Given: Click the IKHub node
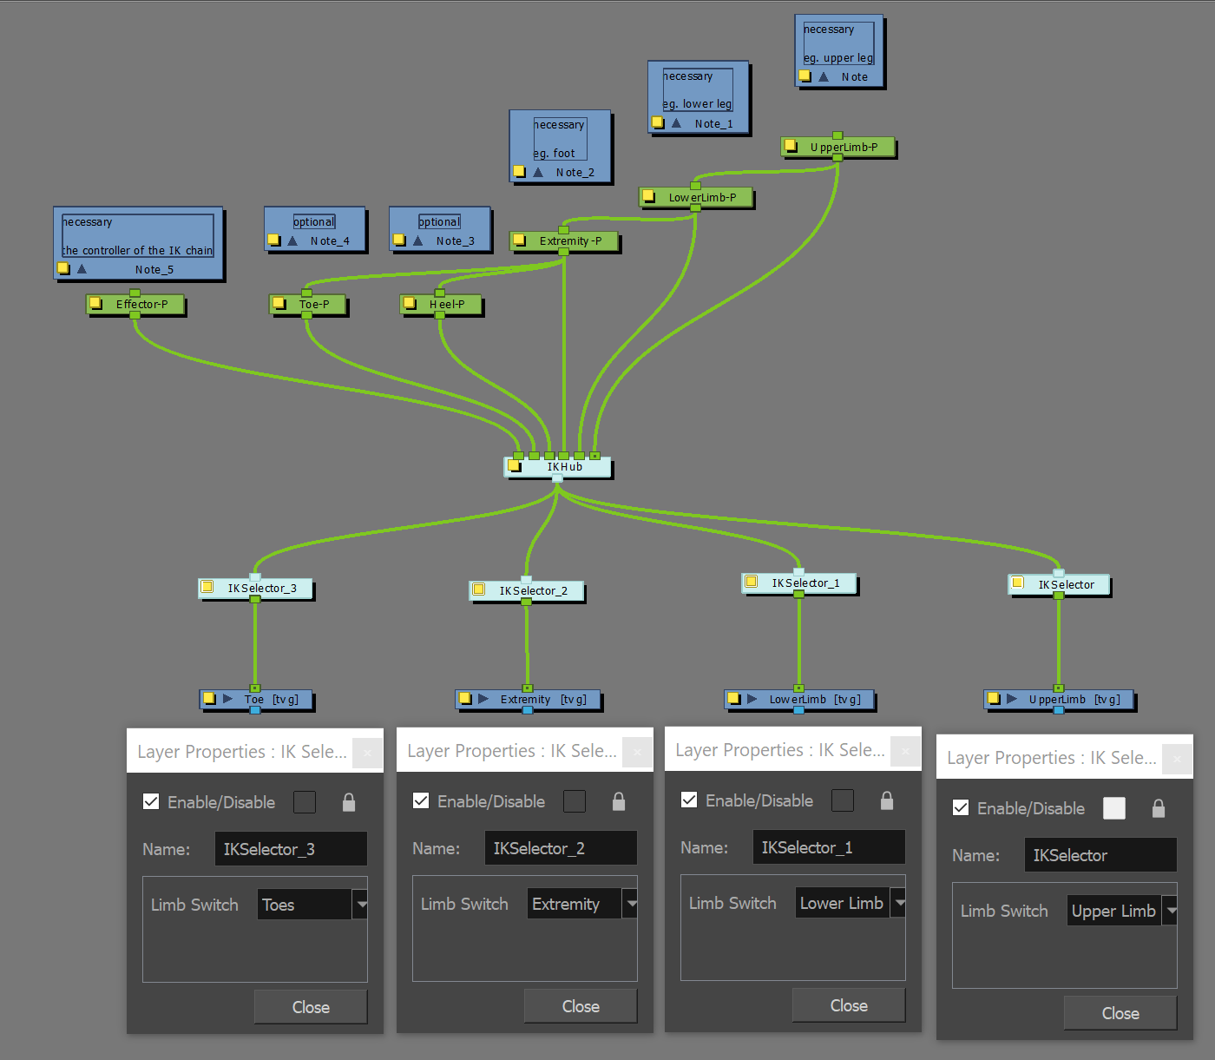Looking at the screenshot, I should (x=564, y=467).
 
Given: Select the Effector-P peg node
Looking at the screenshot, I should (x=141, y=305).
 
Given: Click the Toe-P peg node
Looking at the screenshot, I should (x=313, y=305).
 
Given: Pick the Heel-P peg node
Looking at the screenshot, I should (x=446, y=305).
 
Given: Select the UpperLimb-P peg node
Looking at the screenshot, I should (x=843, y=148).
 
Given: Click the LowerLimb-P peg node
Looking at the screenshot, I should (x=701, y=198).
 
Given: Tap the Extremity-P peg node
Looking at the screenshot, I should (x=569, y=241).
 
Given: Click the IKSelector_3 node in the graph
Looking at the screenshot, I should (x=261, y=589).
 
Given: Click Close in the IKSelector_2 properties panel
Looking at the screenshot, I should (x=580, y=1006).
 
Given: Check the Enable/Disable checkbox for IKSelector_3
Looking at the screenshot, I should (x=151, y=801).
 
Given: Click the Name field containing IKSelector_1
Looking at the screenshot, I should (x=828, y=847).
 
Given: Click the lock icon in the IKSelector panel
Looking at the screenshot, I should (x=1158, y=809).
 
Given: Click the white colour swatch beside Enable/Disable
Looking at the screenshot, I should (x=1113, y=809).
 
